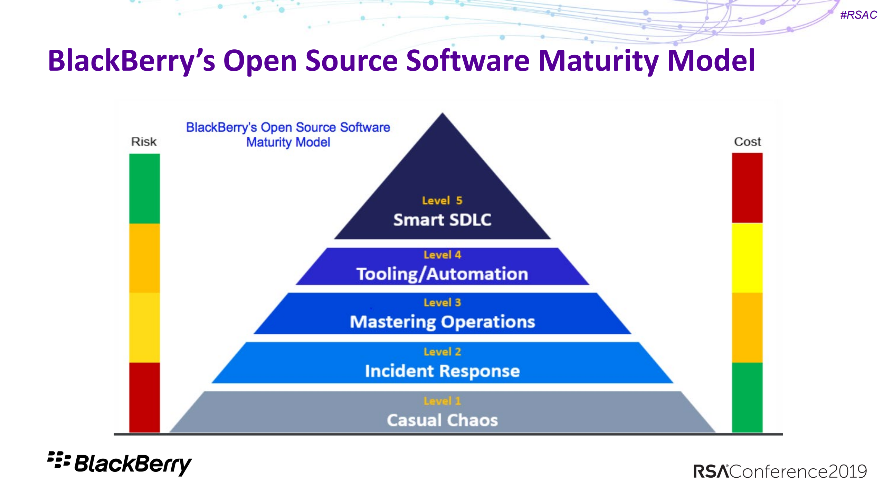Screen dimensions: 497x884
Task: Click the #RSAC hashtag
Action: pyautogui.click(x=858, y=15)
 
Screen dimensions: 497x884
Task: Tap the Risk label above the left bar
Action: pyautogui.click(x=144, y=142)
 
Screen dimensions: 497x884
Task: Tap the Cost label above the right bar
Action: pyautogui.click(x=747, y=142)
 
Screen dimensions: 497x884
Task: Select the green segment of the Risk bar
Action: pyautogui.click(x=144, y=188)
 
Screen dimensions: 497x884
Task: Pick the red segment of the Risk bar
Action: pyautogui.click(x=144, y=397)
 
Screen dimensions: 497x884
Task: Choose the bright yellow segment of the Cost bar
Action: pyautogui.click(x=747, y=258)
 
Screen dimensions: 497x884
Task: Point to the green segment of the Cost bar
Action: pyautogui.click(x=747, y=397)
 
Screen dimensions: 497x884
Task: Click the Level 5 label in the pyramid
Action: pyautogui.click(x=442, y=201)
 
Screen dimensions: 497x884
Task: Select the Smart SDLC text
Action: pyautogui.click(x=442, y=220)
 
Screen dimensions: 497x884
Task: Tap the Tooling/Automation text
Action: pyautogui.click(x=442, y=274)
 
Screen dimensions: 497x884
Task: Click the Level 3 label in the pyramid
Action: pyautogui.click(x=442, y=303)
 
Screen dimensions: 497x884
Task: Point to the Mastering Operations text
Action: pyautogui.click(x=442, y=322)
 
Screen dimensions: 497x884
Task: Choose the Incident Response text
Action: pyautogui.click(x=442, y=371)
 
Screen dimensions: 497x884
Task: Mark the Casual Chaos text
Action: pyautogui.click(x=442, y=420)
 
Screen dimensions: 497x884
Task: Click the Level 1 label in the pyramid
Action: pyautogui.click(x=442, y=401)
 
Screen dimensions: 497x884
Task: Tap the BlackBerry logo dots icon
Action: pyautogui.click(x=59, y=460)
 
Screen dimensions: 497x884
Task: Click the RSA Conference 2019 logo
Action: pyautogui.click(x=780, y=471)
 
